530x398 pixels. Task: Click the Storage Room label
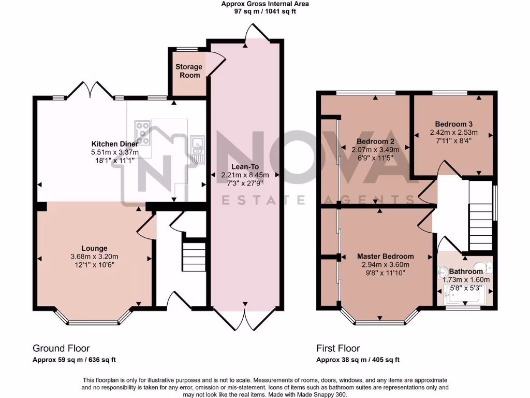(188, 71)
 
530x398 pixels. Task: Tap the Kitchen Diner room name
(114, 144)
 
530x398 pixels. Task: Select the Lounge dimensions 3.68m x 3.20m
(94, 257)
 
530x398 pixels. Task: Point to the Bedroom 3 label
(453, 124)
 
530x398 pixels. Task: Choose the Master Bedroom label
(385, 256)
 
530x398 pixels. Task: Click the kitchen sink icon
(197, 146)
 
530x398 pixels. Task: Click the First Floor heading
(338, 348)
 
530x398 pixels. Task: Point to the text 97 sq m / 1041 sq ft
(264, 11)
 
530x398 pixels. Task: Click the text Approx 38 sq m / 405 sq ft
(358, 360)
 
